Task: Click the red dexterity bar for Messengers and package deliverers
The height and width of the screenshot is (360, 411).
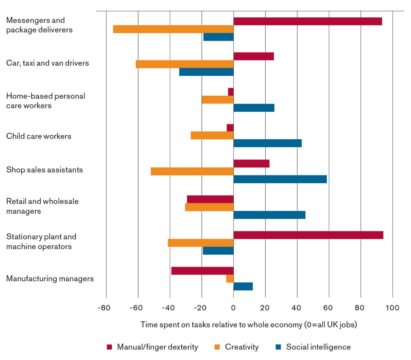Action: pyautogui.click(x=307, y=21)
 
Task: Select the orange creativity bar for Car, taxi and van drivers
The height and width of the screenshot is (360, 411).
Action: pyautogui.click(x=185, y=64)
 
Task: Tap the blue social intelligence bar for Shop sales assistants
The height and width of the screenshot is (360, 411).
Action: pyautogui.click(x=280, y=179)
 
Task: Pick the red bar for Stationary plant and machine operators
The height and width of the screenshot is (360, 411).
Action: pyautogui.click(x=308, y=235)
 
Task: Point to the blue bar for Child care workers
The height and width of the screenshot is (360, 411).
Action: pyautogui.click(x=268, y=143)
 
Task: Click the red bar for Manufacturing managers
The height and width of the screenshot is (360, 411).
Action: pyautogui.click(x=202, y=271)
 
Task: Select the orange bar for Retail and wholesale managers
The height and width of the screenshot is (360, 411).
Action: pyautogui.click(x=209, y=207)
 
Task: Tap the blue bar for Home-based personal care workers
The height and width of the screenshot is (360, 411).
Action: pyautogui.click(x=254, y=108)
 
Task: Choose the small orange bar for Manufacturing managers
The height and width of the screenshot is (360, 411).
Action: pyautogui.click(x=230, y=279)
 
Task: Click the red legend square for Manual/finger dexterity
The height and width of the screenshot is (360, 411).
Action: pyautogui.click(x=109, y=347)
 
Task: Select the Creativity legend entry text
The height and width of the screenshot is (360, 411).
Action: pyautogui.click(x=242, y=347)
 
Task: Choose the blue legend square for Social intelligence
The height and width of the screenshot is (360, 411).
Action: pyautogui.click(x=278, y=347)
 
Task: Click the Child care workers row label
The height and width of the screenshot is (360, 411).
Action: pyautogui.click(x=39, y=136)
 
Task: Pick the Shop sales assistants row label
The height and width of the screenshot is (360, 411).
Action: pyautogui.click(x=44, y=170)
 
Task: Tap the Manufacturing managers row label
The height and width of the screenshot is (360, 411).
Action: pyautogui.click(x=50, y=279)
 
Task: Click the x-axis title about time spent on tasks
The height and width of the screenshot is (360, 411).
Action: pyautogui.click(x=249, y=325)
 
